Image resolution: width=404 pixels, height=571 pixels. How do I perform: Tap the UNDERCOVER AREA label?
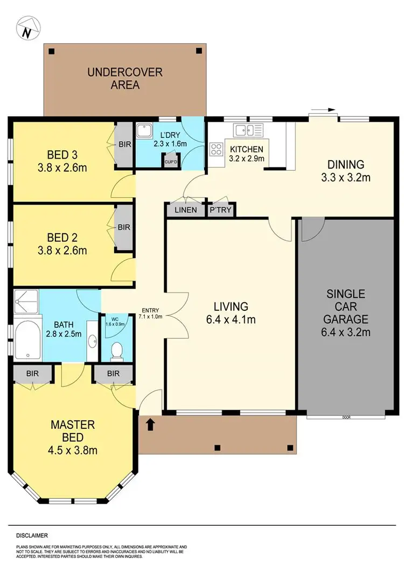(x=124, y=78)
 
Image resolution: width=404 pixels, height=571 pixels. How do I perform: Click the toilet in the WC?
(x=114, y=351)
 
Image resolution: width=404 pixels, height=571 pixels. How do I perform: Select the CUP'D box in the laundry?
(x=170, y=161)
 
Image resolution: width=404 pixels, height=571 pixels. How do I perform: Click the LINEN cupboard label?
(x=185, y=211)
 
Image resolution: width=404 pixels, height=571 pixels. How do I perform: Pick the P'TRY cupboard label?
(x=221, y=211)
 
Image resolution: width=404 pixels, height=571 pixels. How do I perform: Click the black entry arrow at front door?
(x=150, y=424)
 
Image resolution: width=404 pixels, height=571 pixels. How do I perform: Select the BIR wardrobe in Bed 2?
(x=124, y=227)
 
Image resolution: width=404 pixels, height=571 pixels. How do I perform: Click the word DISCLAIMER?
(x=32, y=535)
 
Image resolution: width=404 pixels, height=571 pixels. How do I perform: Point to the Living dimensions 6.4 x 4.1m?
(x=231, y=319)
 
